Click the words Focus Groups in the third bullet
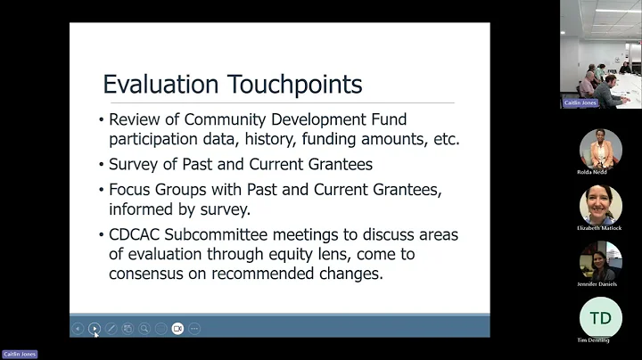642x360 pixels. point(162,190)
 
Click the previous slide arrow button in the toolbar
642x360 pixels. point(78,329)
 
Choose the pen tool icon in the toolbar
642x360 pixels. point(111,329)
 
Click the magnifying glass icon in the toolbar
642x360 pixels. point(144,329)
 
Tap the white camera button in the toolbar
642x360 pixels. point(177,329)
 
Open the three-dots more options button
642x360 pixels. point(194,329)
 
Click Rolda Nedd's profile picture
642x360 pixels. point(600,147)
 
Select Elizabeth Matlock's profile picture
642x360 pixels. point(600,204)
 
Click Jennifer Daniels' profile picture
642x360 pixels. point(600,260)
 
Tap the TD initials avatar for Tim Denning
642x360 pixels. point(600,317)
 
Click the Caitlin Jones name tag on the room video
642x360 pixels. point(580,102)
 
